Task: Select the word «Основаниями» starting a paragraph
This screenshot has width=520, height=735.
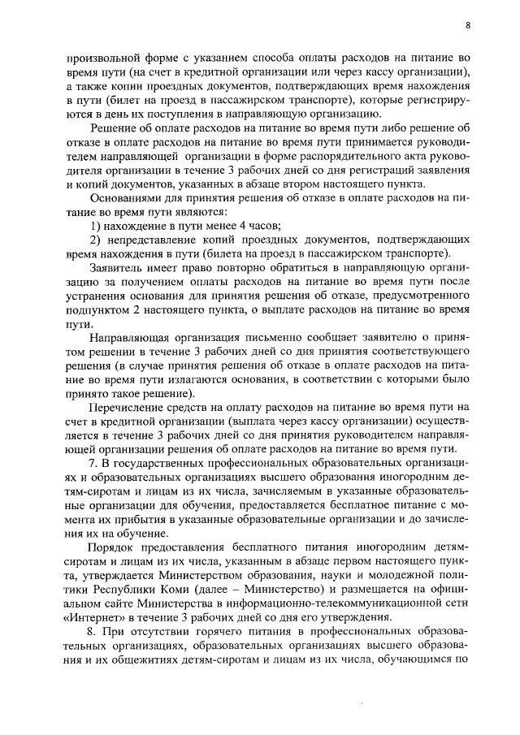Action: [127, 197]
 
